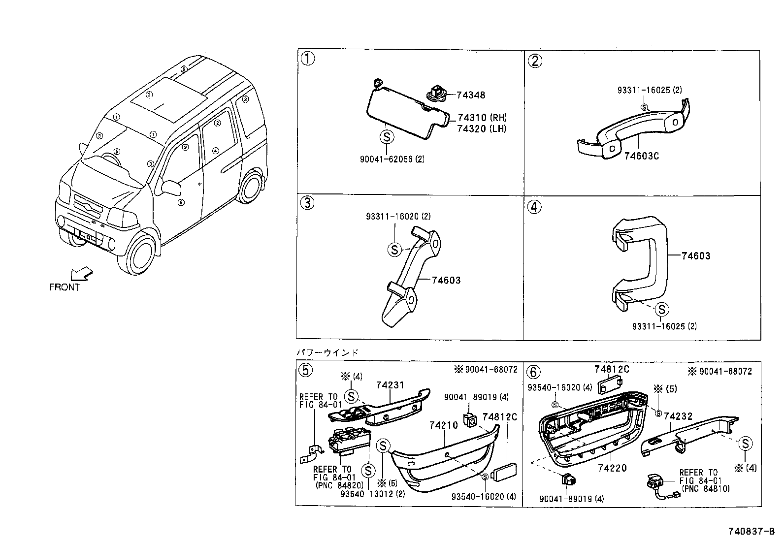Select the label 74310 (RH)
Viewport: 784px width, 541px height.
point(481,118)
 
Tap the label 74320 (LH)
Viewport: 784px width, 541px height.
point(481,128)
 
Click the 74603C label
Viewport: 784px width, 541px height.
point(641,156)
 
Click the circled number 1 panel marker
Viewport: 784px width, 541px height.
point(308,59)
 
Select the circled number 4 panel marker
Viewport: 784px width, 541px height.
point(534,206)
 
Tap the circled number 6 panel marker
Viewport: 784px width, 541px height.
point(534,371)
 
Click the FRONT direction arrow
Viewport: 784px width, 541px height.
point(81,273)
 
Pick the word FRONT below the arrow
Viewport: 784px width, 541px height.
point(65,287)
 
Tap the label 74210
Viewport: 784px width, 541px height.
point(444,425)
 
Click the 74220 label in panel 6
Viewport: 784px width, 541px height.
point(612,468)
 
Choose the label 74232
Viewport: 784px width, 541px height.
point(678,416)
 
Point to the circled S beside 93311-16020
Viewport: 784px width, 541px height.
point(394,250)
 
